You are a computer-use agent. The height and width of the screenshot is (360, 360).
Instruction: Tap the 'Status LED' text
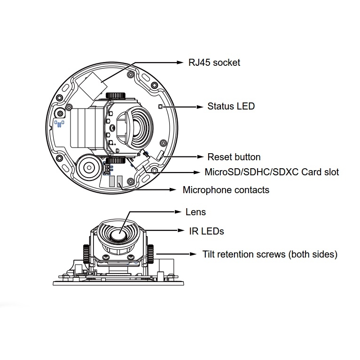coord(231,106)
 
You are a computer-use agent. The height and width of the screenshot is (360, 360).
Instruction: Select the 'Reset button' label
coord(234,157)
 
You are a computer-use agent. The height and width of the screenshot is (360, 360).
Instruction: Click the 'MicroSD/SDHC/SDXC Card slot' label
coord(272,172)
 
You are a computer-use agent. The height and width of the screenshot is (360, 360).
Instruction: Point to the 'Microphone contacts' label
coord(226,190)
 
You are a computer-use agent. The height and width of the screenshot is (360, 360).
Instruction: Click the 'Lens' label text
coord(196,212)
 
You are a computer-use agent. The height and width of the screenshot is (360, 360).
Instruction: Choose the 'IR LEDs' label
coord(206,231)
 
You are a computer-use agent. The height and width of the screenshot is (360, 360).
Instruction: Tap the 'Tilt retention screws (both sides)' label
coord(270,254)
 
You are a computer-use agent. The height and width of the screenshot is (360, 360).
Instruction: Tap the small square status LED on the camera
coord(161,107)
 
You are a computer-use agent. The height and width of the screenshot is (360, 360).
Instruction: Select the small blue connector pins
coord(59,124)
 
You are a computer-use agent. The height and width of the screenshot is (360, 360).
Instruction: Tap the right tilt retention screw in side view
coord(151,254)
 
